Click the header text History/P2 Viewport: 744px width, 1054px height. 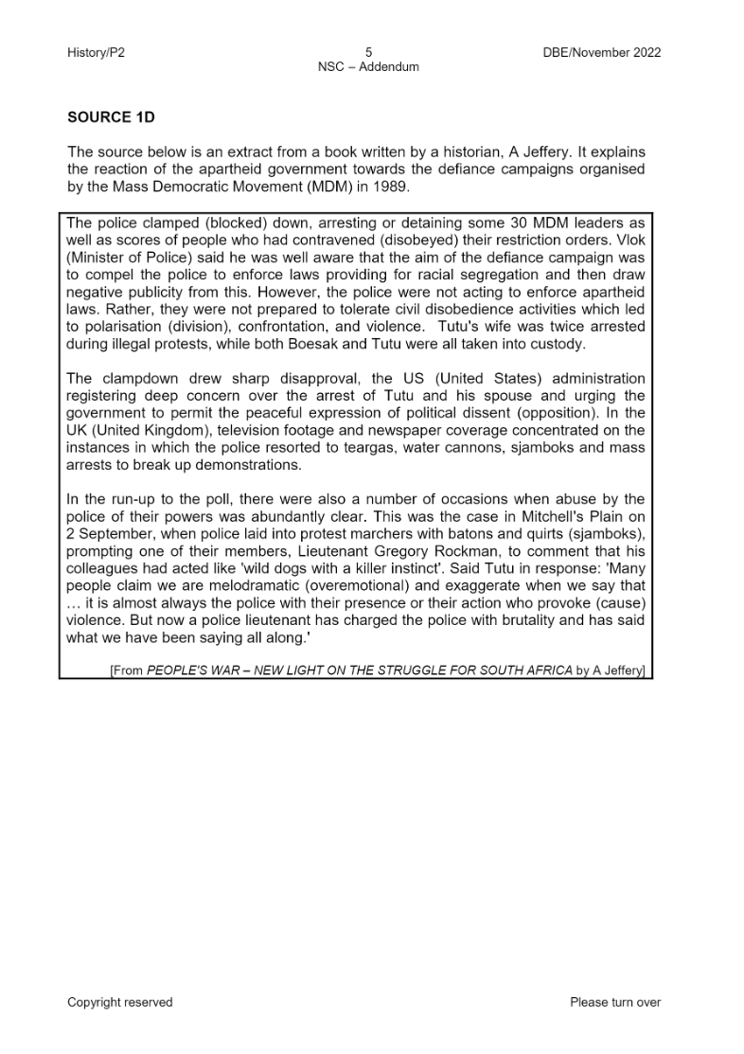click(96, 53)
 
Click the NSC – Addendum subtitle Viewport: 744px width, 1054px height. click(368, 67)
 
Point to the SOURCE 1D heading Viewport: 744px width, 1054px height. click(111, 117)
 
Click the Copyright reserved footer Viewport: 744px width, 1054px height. click(119, 1002)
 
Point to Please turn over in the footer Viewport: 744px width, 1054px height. click(615, 1002)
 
